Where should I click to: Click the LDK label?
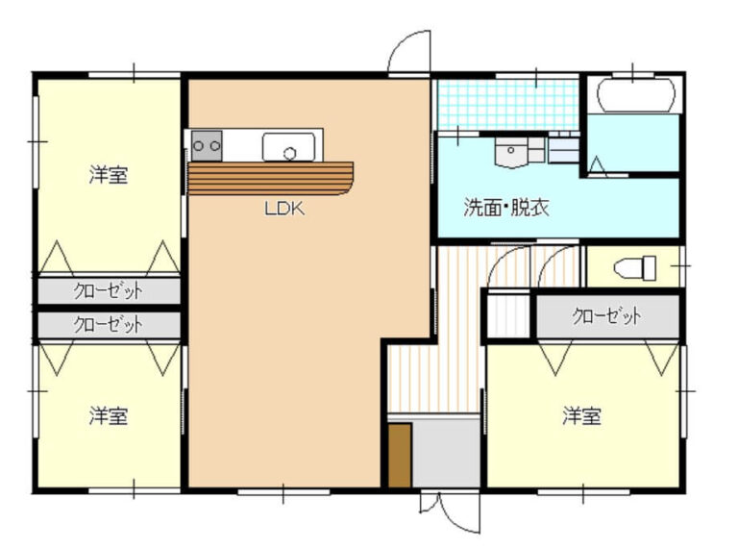(x=284, y=208)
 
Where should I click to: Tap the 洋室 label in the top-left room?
(x=110, y=175)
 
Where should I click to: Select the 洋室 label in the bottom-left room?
(x=110, y=416)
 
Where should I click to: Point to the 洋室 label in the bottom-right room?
(x=582, y=416)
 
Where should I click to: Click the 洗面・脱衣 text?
(x=506, y=207)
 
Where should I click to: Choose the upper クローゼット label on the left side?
(x=109, y=290)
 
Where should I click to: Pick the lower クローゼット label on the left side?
(x=109, y=324)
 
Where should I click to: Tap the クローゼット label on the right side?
(x=606, y=316)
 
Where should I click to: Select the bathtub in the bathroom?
(x=637, y=96)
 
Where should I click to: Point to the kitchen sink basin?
(x=290, y=148)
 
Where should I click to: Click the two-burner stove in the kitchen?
(x=207, y=146)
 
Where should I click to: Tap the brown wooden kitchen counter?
(x=271, y=179)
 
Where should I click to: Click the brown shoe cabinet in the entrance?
(x=400, y=455)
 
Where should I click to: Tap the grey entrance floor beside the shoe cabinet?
(x=447, y=452)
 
